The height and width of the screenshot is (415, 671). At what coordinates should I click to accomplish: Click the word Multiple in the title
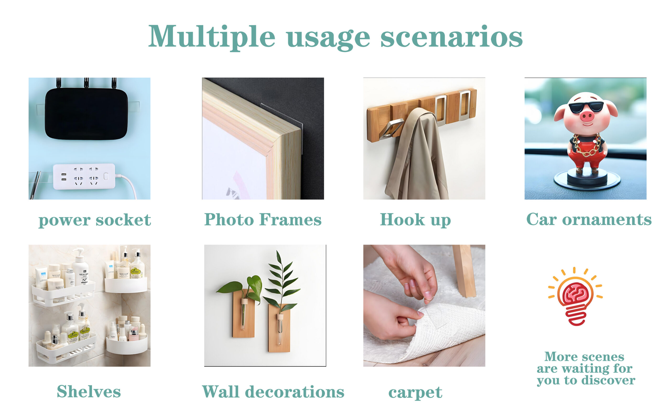[x=212, y=37]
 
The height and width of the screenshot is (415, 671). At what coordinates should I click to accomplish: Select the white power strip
[x=84, y=176]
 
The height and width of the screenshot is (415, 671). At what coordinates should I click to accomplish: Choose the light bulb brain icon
[x=575, y=296]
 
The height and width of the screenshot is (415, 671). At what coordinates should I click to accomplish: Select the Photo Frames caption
[x=263, y=220]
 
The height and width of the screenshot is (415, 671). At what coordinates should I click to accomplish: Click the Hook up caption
[x=415, y=220]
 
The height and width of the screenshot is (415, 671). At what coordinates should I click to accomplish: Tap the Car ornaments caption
[x=589, y=219]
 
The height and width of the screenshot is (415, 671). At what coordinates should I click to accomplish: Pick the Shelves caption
[x=89, y=391]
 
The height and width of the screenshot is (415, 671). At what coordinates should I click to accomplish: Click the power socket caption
[x=94, y=220]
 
